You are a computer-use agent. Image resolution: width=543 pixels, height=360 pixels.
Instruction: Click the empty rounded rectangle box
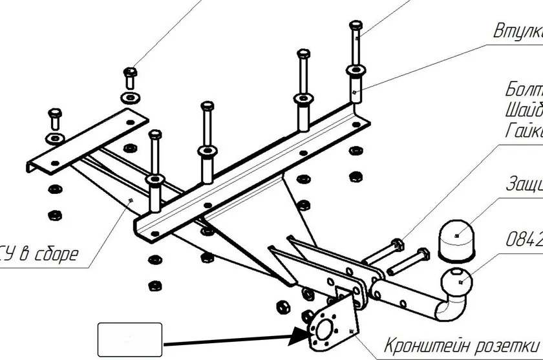pos(130,339)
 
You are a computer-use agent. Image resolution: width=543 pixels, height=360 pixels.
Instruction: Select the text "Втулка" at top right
pos(517,31)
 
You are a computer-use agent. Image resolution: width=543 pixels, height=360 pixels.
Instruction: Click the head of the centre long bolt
pos(207,106)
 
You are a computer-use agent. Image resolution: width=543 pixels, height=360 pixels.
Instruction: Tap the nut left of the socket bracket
pos(282,305)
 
